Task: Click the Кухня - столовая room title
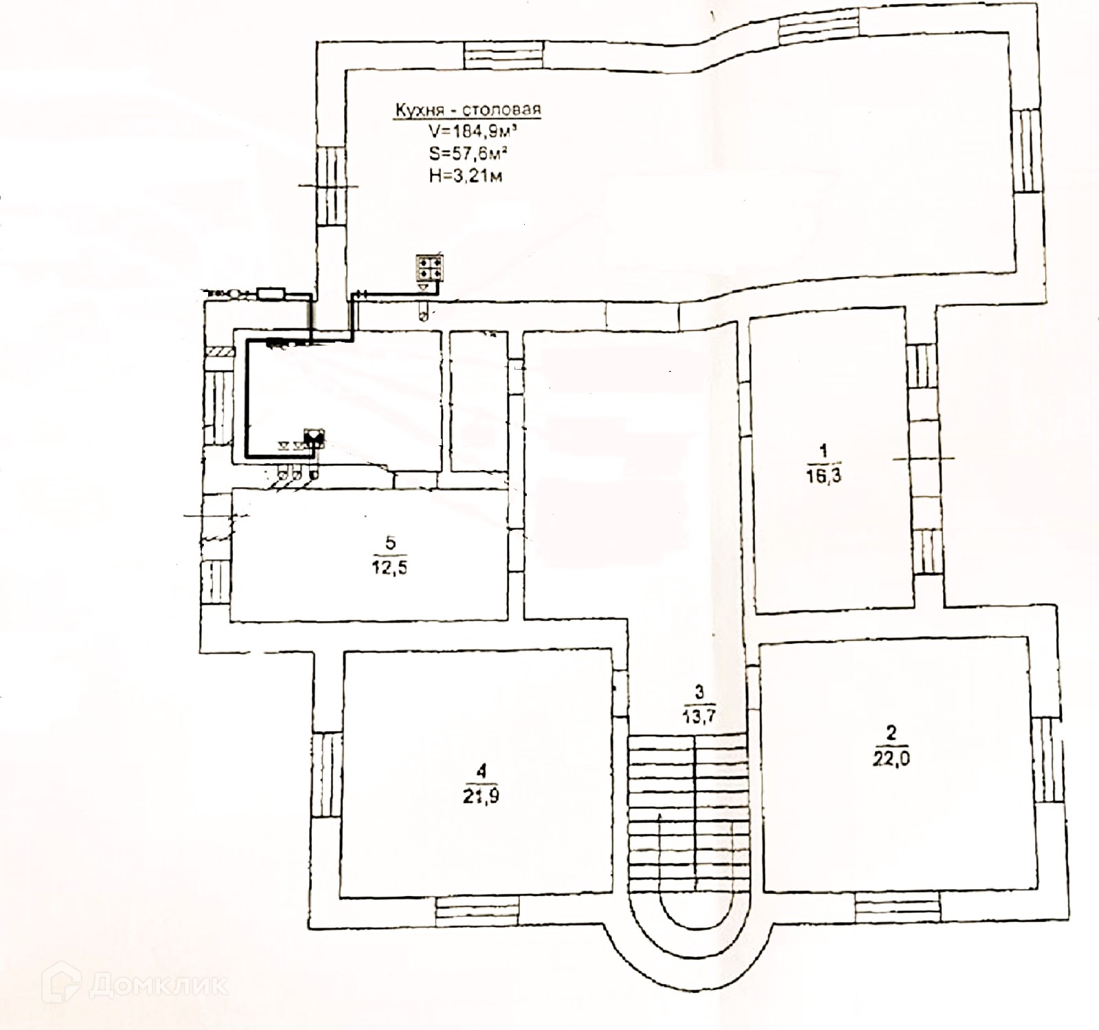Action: tap(467, 109)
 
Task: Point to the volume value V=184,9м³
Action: tap(468, 131)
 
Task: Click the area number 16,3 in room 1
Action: tap(824, 475)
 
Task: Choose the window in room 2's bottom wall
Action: tap(897, 907)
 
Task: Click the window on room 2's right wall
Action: tap(1047, 760)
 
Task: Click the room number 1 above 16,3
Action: tap(824, 451)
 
